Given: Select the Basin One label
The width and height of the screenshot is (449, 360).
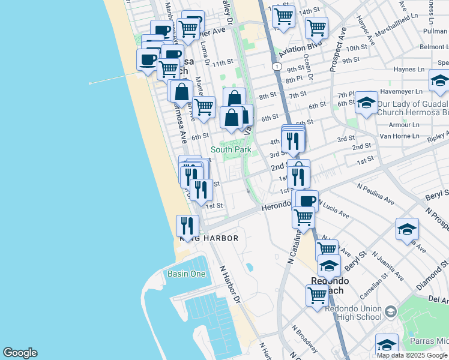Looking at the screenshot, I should [x=186, y=274].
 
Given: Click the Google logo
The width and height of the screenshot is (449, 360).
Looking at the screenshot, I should [x=20, y=353].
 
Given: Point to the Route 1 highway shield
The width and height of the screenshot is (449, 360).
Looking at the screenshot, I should [x=275, y=65].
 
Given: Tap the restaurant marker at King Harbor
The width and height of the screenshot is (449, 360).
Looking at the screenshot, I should [x=187, y=226].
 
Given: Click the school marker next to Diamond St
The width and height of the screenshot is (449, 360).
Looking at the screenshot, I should [x=406, y=229].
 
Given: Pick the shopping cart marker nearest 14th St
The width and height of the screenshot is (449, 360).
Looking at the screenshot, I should [x=283, y=16].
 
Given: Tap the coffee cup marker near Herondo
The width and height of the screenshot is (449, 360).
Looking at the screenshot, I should [x=307, y=200].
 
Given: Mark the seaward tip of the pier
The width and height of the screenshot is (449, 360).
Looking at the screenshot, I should [x=89, y=83].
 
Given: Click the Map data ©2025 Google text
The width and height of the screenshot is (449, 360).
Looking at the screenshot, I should [x=412, y=355].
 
